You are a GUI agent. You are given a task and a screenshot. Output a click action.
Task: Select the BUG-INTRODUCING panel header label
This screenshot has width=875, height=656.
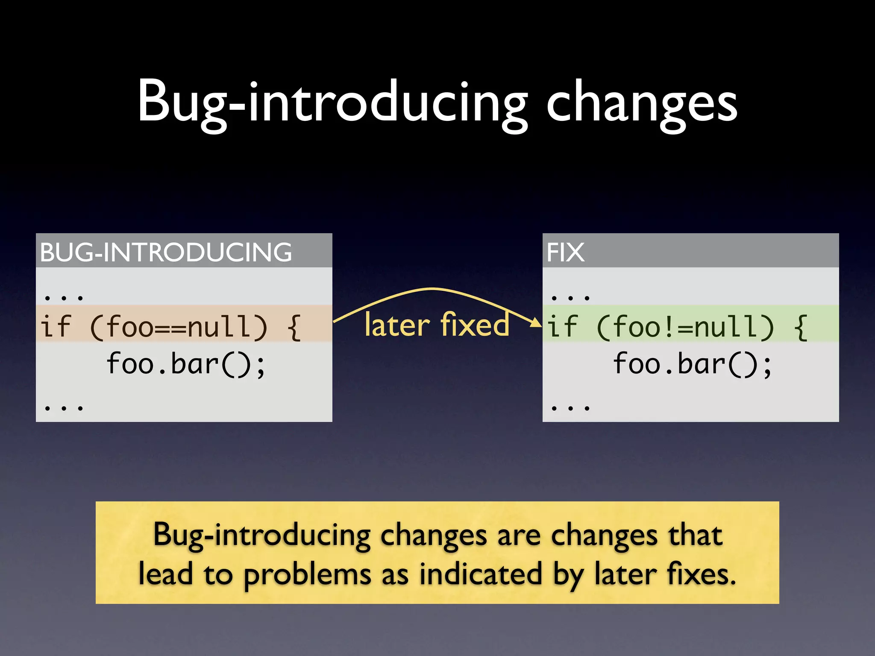point(166,252)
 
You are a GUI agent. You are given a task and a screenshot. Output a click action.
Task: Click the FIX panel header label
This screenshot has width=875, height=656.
point(565,252)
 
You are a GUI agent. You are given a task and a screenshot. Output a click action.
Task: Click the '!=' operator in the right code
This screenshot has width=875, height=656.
point(677,328)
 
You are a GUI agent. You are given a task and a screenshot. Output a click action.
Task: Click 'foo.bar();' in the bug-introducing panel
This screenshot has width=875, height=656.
point(186,364)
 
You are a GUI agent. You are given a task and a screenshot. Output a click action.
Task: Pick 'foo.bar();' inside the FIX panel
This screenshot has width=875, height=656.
point(693,364)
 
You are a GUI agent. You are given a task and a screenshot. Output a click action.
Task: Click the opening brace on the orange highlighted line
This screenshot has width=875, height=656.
point(294,328)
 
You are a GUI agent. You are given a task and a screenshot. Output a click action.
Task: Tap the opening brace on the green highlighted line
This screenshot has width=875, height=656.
point(801,328)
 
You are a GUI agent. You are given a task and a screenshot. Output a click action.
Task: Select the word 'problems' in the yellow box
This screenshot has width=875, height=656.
point(307,575)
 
